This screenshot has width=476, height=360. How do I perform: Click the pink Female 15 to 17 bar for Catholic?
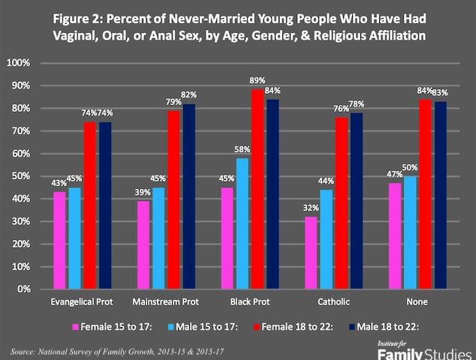tap(310, 253)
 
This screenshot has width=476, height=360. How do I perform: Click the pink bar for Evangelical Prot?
tap(59, 240)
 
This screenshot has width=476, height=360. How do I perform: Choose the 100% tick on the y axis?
tap(17, 63)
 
